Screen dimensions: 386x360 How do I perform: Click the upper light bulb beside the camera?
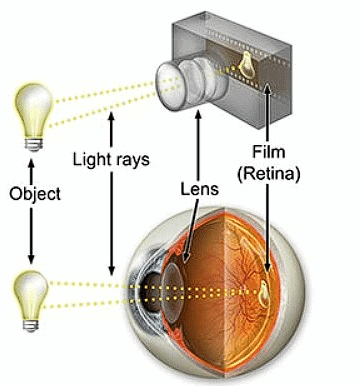pos(30,110)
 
